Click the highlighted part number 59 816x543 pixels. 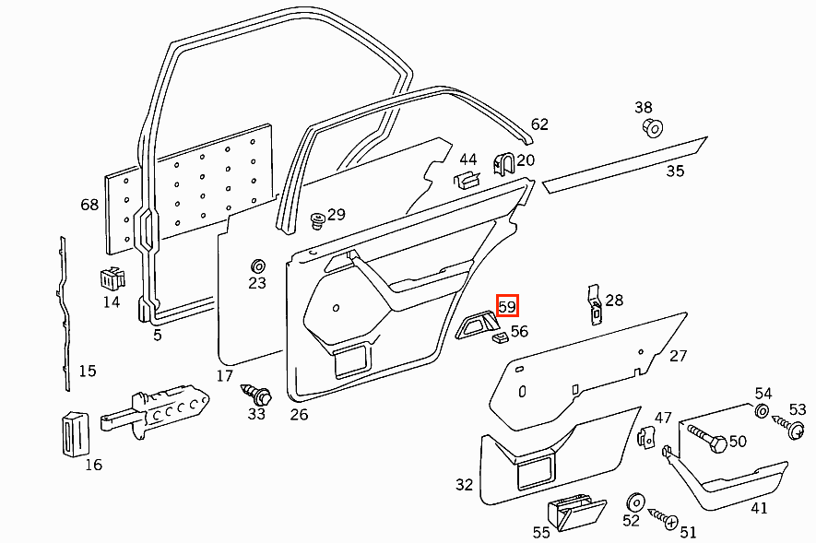click(x=507, y=305)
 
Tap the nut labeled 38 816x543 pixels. click(x=651, y=126)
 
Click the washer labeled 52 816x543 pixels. click(x=633, y=502)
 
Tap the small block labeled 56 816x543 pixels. click(x=500, y=337)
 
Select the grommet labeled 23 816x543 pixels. click(x=257, y=266)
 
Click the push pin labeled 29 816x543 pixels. click(x=318, y=219)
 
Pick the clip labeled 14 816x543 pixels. click(x=111, y=277)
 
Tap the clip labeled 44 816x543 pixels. click(x=467, y=179)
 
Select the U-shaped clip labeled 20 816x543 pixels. click(x=503, y=165)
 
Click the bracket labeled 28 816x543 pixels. click(x=595, y=302)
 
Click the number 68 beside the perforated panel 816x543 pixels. click(x=89, y=205)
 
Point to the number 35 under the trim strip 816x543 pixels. click(x=676, y=171)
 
